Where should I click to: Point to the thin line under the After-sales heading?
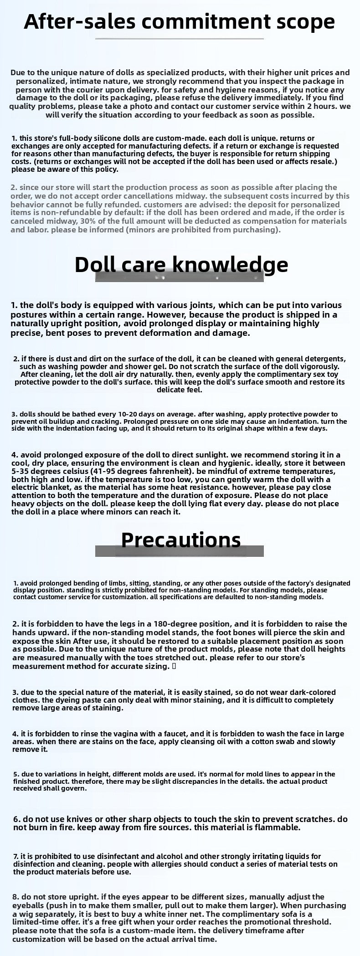tap(180, 39)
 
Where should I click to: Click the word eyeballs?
tap(29, 905)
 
